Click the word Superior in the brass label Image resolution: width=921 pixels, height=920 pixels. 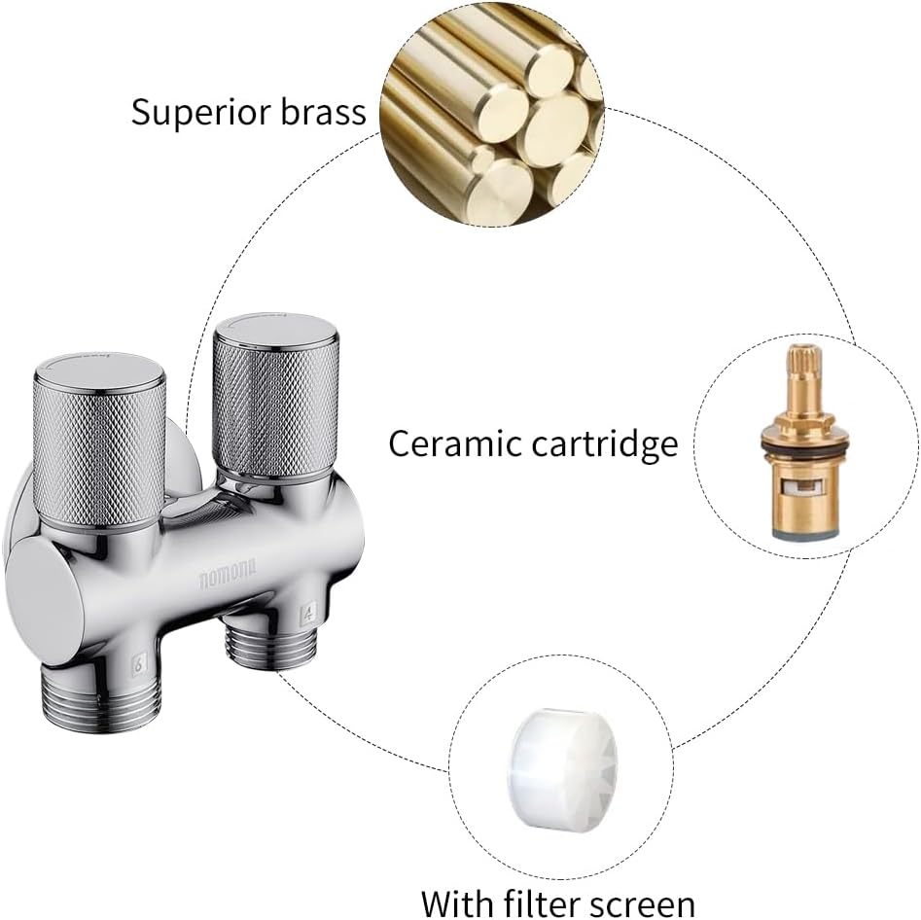point(201,112)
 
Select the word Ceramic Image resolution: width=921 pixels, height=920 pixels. point(447,443)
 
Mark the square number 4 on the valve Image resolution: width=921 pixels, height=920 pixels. point(307,615)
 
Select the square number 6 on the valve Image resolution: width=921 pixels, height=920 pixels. point(139,665)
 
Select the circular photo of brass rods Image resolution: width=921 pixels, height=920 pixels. point(492,113)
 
